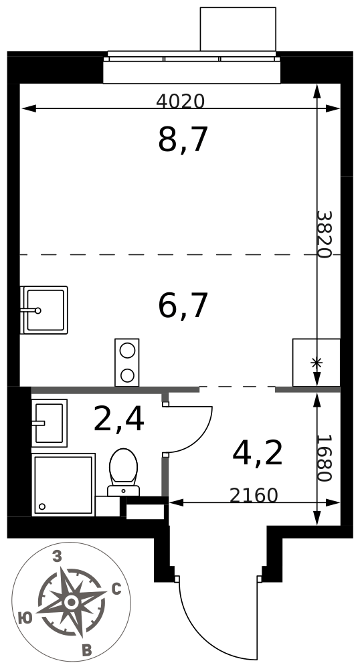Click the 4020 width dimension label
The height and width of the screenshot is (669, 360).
(181, 101)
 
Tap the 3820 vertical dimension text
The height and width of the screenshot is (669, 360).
(324, 234)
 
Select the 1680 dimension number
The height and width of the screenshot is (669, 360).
(324, 458)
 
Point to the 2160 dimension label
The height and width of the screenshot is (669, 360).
(254, 495)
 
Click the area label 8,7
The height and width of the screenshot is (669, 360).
(183, 140)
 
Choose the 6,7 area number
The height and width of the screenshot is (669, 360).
(183, 306)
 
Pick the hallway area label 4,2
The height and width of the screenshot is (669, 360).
(258, 454)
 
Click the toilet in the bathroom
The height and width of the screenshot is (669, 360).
(123, 472)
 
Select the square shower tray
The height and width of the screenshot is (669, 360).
(64, 484)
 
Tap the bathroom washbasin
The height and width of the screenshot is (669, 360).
(49, 423)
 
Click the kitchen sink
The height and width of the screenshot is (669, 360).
(44, 310)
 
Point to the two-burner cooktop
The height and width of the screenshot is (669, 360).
(126, 362)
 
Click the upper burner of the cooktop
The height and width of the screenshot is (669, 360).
(126, 351)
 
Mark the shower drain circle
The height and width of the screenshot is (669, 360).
(41, 506)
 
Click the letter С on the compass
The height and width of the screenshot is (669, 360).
(116, 589)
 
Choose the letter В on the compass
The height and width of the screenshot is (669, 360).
(86, 651)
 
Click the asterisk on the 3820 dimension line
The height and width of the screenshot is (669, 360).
(317, 363)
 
